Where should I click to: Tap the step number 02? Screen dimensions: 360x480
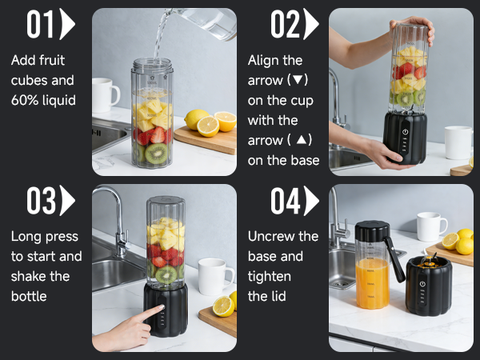click(x=285, y=25)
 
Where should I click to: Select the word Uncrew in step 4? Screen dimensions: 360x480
click(x=272, y=236)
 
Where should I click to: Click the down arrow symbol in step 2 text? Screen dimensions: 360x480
click(x=300, y=81)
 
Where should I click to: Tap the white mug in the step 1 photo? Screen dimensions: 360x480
click(x=105, y=95)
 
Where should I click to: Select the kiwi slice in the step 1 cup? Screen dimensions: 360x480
click(x=155, y=153)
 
